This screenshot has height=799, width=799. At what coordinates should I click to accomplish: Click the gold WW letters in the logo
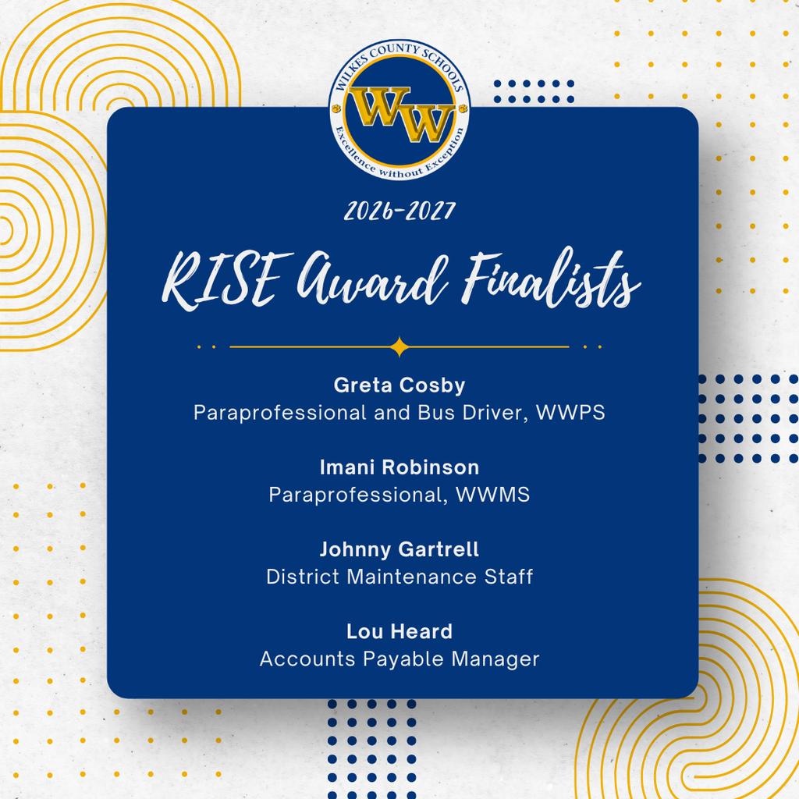400,115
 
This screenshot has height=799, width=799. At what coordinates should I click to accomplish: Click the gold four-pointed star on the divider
399,346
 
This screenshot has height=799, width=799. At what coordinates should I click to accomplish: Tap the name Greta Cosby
399,385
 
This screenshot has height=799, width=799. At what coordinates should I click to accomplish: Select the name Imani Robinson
399,467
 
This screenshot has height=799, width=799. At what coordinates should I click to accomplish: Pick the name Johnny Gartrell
399,549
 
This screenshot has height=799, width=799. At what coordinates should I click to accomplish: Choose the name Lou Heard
399,631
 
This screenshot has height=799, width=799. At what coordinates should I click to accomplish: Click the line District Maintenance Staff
399,577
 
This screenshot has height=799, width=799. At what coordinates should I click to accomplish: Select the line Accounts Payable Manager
399,659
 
